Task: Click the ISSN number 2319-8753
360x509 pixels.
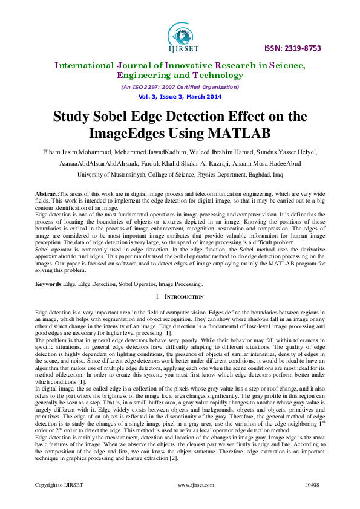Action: click(301, 48)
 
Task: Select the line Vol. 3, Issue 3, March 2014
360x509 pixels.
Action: click(180, 97)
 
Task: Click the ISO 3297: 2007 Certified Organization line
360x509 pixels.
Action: click(180, 88)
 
